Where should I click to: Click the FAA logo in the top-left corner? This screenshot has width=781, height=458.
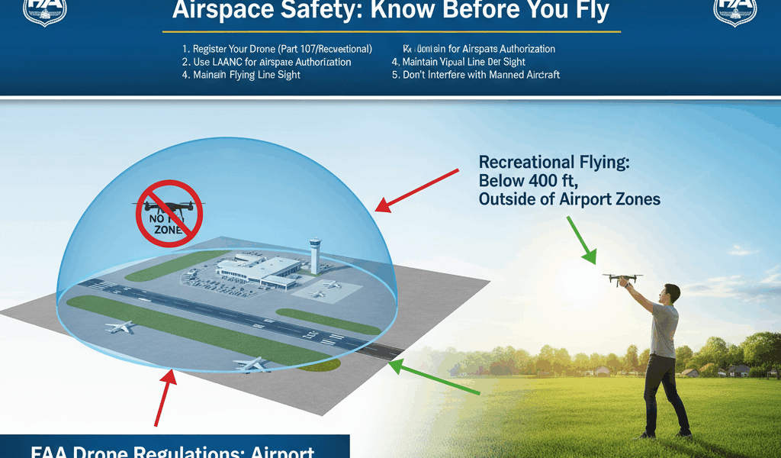(45, 11)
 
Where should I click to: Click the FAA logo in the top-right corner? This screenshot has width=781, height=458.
(734, 11)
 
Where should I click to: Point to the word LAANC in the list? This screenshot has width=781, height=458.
(227, 62)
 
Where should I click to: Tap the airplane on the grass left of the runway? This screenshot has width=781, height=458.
(120, 327)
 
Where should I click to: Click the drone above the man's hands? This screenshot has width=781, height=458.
(622, 279)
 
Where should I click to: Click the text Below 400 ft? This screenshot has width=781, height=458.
(527, 181)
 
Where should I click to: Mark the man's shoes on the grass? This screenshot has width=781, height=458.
(664, 434)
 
